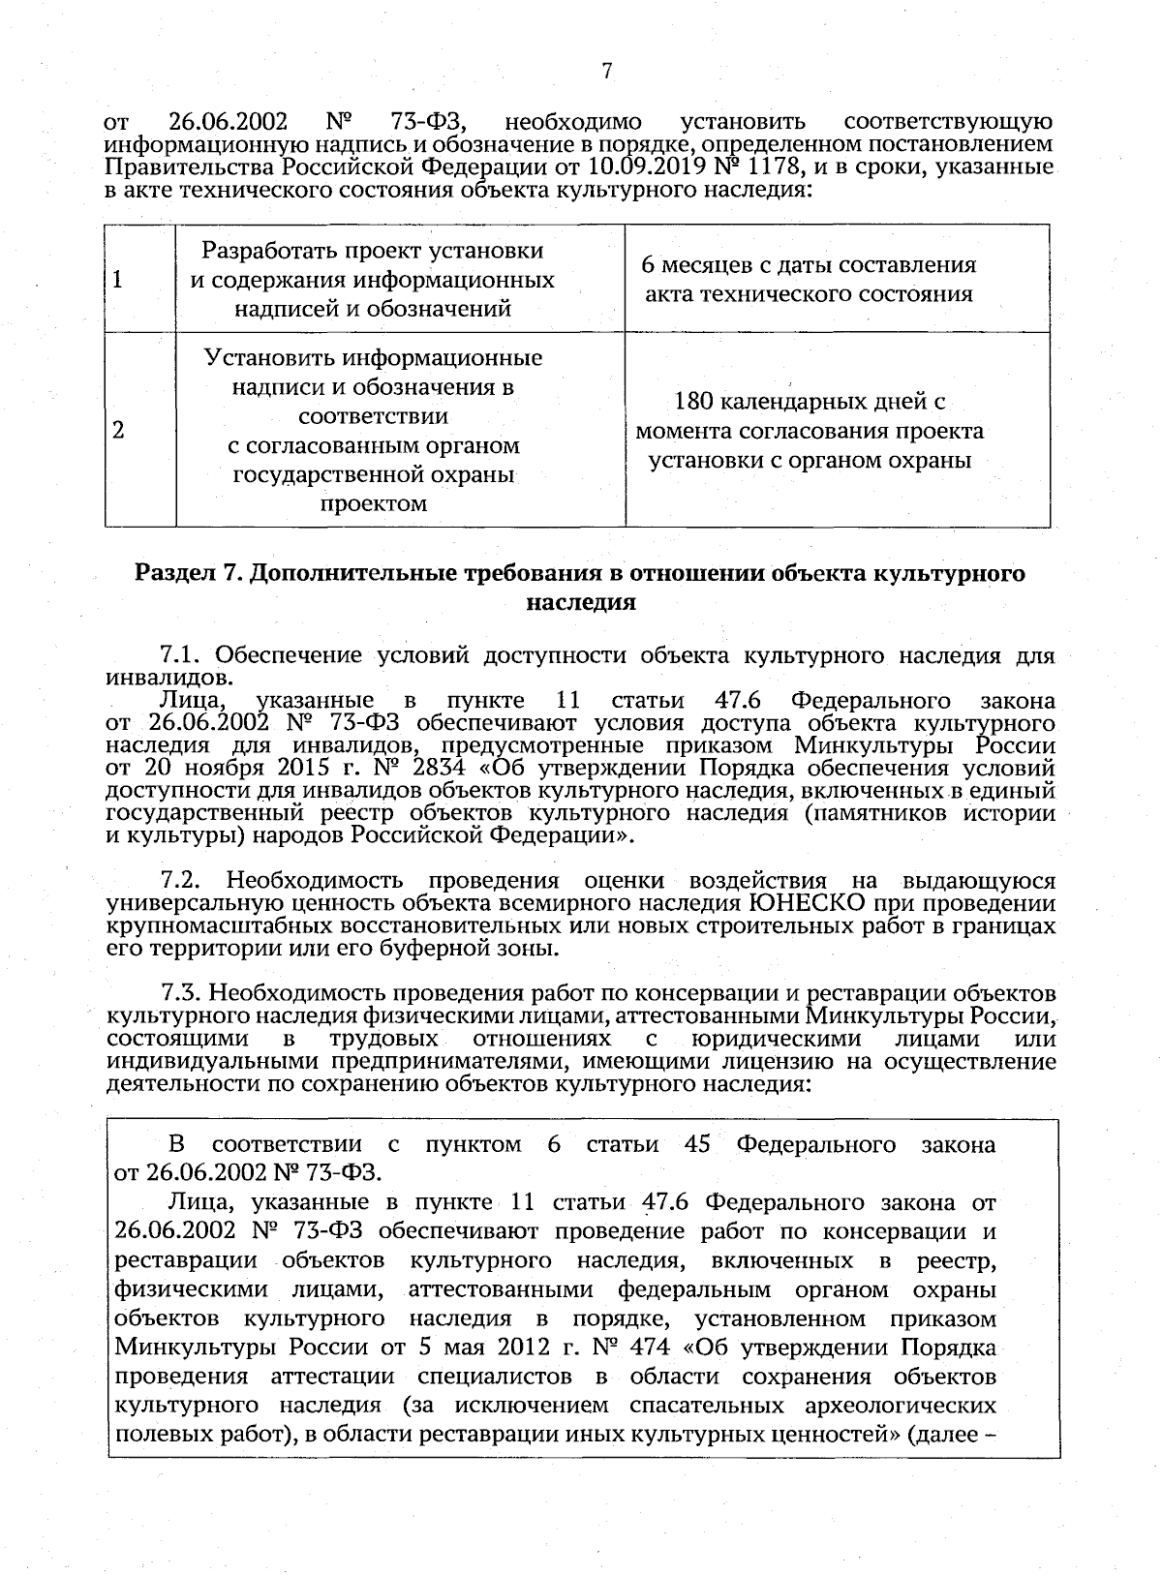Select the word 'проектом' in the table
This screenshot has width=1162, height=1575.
tap(374, 503)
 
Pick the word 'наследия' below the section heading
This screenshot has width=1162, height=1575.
tap(580, 602)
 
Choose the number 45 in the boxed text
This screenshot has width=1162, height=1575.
tap(698, 1145)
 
